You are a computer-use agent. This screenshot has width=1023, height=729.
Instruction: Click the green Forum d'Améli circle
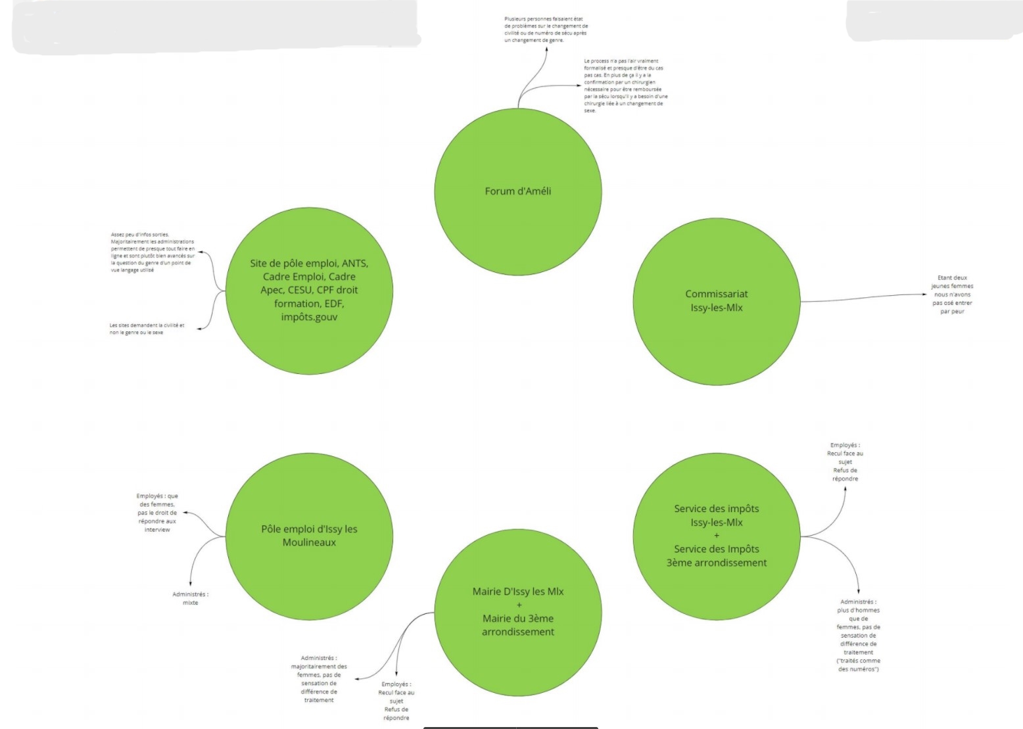pyautogui.click(x=518, y=191)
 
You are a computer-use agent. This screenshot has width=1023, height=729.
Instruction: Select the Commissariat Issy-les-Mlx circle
pyautogui.click(x=717, y=301)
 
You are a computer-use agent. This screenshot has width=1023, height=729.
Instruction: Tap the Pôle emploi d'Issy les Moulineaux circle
pyautogui.click(x=309, y=536)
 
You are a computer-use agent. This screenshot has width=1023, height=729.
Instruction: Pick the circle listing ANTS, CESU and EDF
pyautogui.click(x=309, y=290)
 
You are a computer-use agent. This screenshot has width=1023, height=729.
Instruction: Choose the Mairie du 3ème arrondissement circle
pyautogui.click(x=518, y=612)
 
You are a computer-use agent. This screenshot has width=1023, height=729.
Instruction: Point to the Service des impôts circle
pyautogui.click(x=717, y=536)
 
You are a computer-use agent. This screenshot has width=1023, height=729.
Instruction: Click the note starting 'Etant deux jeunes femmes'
pyautogui.click(x=952, y=294)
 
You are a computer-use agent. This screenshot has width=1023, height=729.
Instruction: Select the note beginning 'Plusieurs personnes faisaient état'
pyautogui.click(x=546, y=30)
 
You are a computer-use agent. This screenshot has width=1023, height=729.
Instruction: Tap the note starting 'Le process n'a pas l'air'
pyautogui.click(x=625, y=85)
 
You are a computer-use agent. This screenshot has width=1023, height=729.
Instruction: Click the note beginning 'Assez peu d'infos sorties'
pyautogui.click(x=153, y=252)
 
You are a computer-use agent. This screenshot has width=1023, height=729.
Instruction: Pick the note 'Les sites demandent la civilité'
pyautogui.click(x=147, y=329)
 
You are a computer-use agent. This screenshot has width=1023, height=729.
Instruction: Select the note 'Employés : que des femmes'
pyautogui.click(x=157, y=513)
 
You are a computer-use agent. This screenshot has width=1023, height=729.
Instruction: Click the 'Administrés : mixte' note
pyautogui.click(x=190, y=598)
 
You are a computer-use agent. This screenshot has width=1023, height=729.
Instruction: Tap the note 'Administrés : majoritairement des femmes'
pyautogui.click(x=319, y=678)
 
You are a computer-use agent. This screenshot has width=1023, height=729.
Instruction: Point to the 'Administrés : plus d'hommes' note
pyautogui.click(x=858, y=635)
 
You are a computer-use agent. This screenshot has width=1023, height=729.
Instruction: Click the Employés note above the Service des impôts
pyautogui.click(x=845, y=461)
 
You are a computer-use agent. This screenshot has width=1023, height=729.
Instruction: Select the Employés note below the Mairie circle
pyautogui.click(x=396, y=701)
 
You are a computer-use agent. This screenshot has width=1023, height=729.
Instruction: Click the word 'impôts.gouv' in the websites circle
pyautogui.click(x=309, y=317)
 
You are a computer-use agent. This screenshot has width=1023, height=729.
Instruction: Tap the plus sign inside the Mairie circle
pyautogui.click(x=519, y=605)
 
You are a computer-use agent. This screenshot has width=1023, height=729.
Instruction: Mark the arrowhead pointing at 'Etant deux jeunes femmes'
pyautogui.click(x=924, y=294)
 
